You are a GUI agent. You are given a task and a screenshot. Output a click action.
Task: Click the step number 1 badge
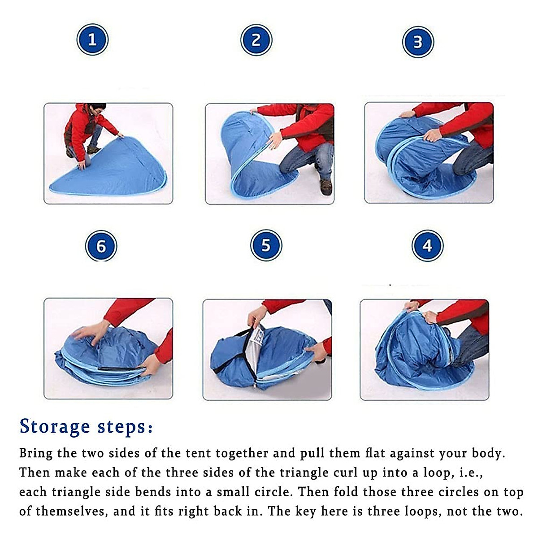click(x=92, y=39)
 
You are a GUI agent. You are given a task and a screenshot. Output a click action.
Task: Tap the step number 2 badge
click(x=256, y=40)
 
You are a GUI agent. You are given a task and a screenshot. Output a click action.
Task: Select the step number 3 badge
click(x=418, y=42)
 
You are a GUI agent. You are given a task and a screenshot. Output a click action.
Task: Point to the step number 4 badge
click(x=427, y=246)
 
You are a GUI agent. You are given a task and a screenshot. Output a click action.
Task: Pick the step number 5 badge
click(x=266, y=245)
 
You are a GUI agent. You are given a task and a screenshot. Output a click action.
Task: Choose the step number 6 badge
click(x=101, y=246)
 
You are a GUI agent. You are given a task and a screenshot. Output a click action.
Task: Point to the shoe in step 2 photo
click(x=326, y=187)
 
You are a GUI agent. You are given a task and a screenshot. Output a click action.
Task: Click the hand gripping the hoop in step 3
click(x=433, y=136)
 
